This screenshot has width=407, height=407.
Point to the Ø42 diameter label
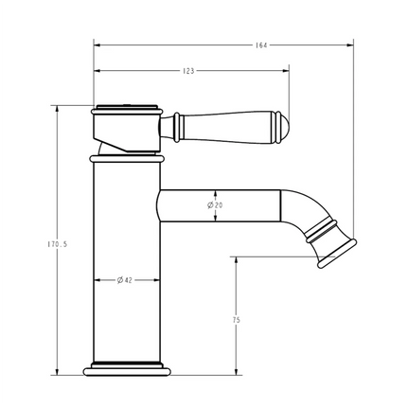point(124,280)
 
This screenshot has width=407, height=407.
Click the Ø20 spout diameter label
point(216,205)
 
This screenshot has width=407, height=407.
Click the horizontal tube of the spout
point(218,205)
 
